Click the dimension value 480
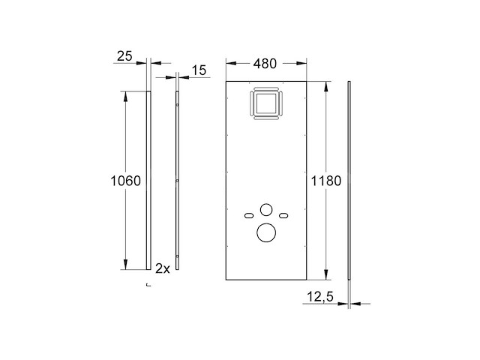(265, 64)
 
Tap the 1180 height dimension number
(326, 181)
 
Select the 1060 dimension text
(125, 181)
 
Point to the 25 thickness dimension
(126, 55)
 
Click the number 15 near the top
(198, 70)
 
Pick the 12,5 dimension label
(319, 297)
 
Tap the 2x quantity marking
(162, 268)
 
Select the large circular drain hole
(266, 232)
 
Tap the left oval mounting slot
(249, 216)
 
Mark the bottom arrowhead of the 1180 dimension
(326, 276)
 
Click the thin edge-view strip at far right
(349, 180)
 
